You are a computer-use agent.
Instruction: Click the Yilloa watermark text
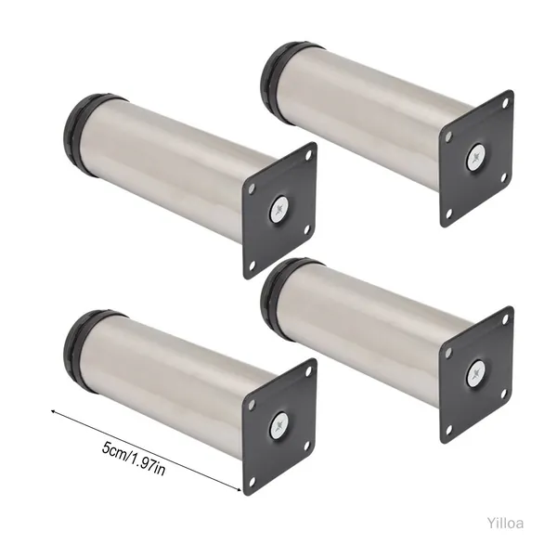(x=505, y=524)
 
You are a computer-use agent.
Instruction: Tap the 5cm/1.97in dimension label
(x=134, y=459)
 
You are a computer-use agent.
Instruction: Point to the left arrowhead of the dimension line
(x=53, y=411)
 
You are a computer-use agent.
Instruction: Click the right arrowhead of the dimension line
(x=239, y=489)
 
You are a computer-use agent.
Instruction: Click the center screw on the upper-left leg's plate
(x=279, y=211)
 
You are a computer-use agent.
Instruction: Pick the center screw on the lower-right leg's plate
(x=476, y=372)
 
